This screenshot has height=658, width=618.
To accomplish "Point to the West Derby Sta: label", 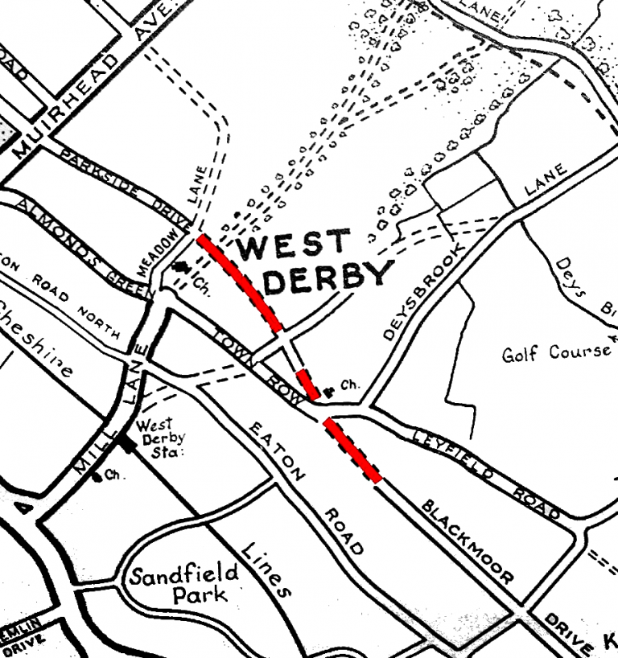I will (160, 438).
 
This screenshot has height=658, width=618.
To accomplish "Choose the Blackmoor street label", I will (467, 540).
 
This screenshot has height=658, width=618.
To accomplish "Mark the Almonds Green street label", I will (77, 245).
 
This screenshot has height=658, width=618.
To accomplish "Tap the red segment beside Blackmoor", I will (352, 450).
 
